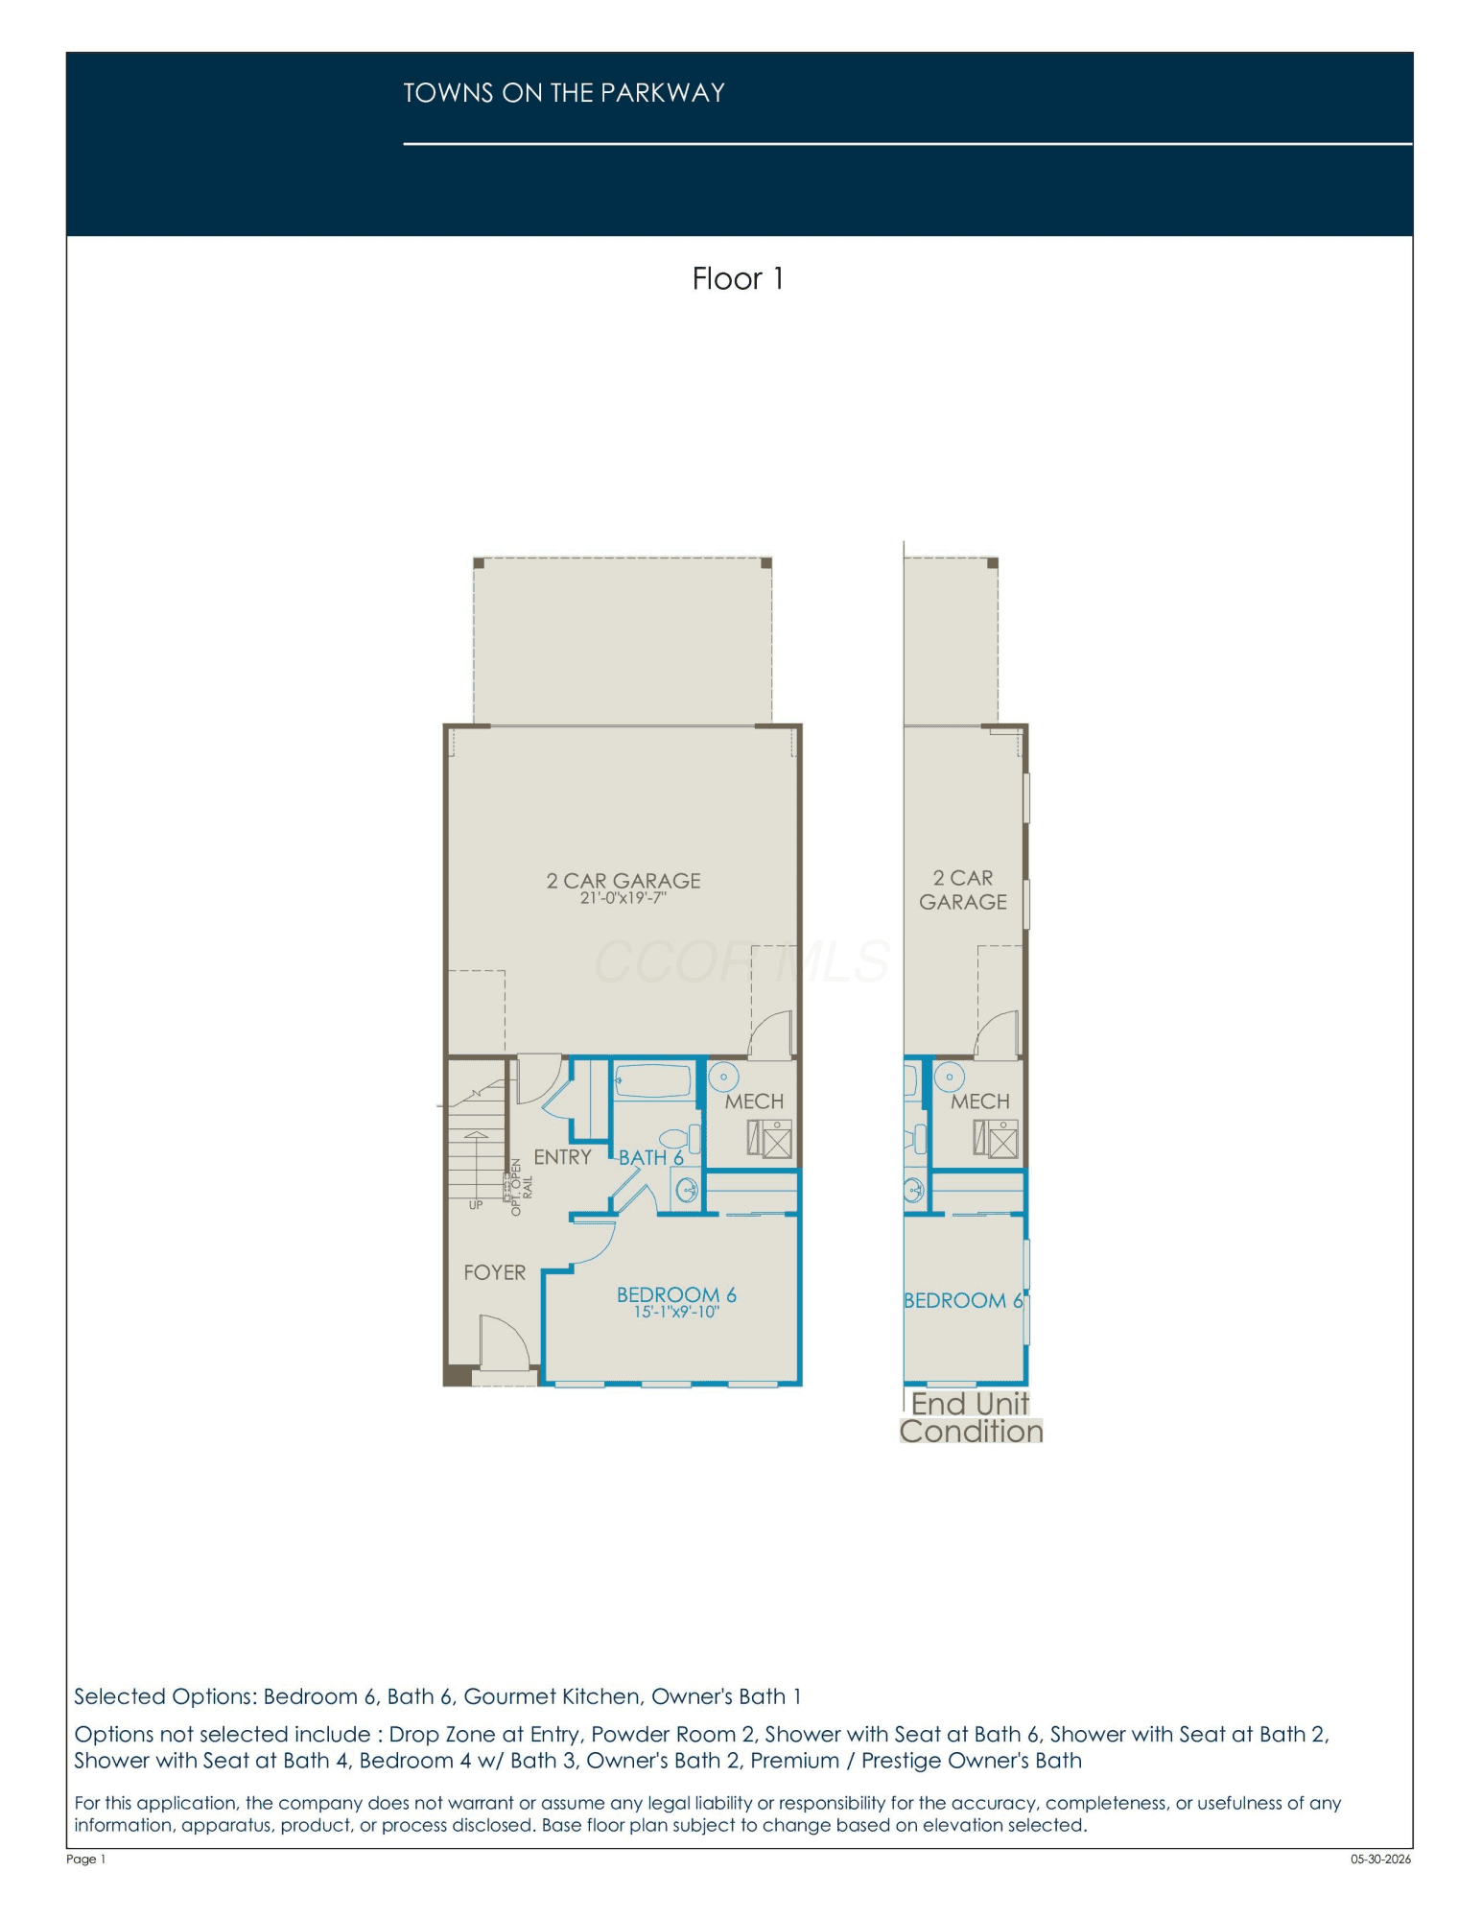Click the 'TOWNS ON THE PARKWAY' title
pyautogui.click(x=564, y=93)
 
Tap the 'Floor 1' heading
pyautogui.click(x=738, y=279)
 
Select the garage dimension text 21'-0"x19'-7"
pyautogui.click(x=623, y=898)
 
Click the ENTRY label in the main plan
pyautogui.click(x=562, y=1157)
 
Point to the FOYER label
pyautogui.click(x=494, y=1272)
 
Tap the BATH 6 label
pyautogui.click(x=650, y=1158)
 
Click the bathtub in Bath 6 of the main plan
pyautogui.click(x=653, y=1080)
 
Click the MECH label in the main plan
pyautogui.click(x=754, y=1102)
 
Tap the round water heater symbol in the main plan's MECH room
pyautogui.click(x=723, y=1077)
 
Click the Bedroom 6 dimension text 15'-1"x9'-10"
pyautogui.click(x=676, y=1312)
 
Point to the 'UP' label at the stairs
pyautogui.click(x=476, y=1205)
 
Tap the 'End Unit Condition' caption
pyautogui.click(x=971, y=1417)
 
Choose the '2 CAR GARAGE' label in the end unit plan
pyautogui.click(x=963, y=890)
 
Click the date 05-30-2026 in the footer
pyautogui.click(x=1381, y=1859)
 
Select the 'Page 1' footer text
pyautogui.click(x=86, y=1859)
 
